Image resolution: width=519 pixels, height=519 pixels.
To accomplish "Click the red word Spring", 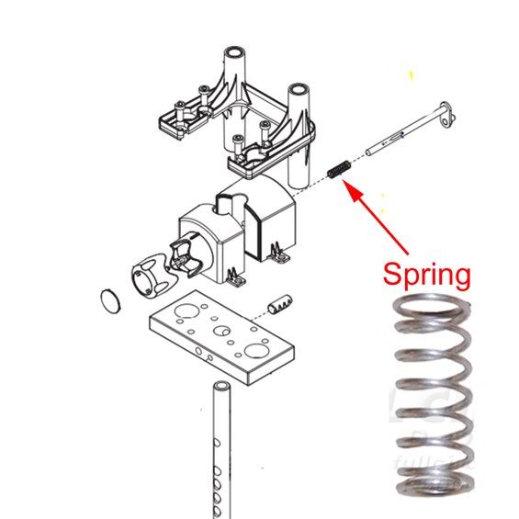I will (426, 275).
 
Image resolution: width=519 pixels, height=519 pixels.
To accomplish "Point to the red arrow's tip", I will (344, 181).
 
